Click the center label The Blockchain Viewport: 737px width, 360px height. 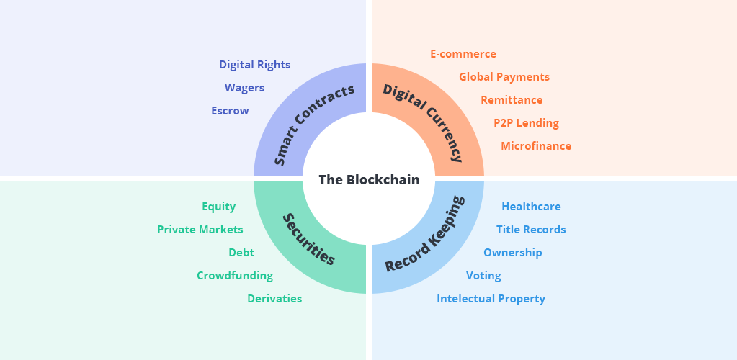pyautogui.click(x=369, y=180)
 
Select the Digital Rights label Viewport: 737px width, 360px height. pyautogui.click(x=255, y=65)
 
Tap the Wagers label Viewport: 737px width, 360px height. pyautogui.click(x=244, y=88)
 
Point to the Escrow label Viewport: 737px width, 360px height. pyautogui.click(x=230, y=111)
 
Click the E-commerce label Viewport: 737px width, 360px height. pyautogui.click(x=463, y=54)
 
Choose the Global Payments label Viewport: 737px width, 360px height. pyautogui.click(x=504, y=77)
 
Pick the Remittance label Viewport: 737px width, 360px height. pyautogui.click(x=512, y=100)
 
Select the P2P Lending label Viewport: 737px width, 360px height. pyautogui.click(x=526, y=123)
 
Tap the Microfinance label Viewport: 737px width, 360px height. pyautogui.click(x=536, y=146)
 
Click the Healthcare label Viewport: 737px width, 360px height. pyautogui.click(x=531, y=207)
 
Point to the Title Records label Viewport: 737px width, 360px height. pyautogui.click(x=531, y=230)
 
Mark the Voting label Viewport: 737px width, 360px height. pyautogui.click(x=483, y=276)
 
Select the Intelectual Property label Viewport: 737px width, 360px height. pyautogui.click(x=491, y=299)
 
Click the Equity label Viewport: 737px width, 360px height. pyautogui.click(x=218, y=207)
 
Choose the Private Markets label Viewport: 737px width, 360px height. pyautogui.click(x=200, y=230)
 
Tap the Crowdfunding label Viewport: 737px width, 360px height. pyautogui.click(x=235, y=276)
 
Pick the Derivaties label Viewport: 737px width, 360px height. pyautogui.click(x=274, y=299)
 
